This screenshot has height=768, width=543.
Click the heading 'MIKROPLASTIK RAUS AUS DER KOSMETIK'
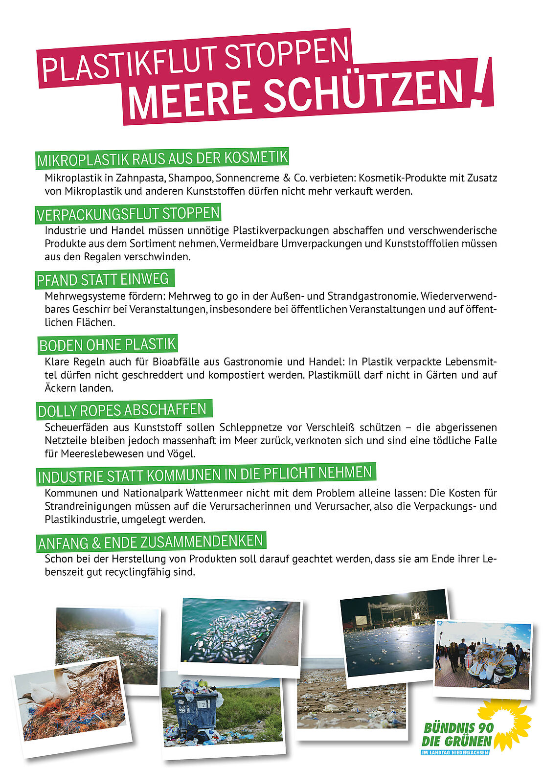162,158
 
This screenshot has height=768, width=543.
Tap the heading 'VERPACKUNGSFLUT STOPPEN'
128,214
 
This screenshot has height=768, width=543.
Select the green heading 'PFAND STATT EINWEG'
103,279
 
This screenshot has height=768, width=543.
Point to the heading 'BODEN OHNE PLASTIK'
108,345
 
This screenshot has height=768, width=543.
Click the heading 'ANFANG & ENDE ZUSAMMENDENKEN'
151,542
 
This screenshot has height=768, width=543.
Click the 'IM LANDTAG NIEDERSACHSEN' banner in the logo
455,752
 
